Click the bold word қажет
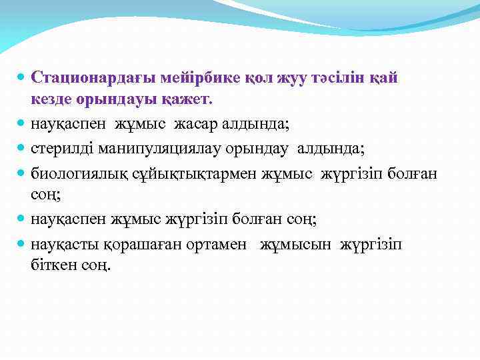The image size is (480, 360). coord(189,99)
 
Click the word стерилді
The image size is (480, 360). coord(59,148)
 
